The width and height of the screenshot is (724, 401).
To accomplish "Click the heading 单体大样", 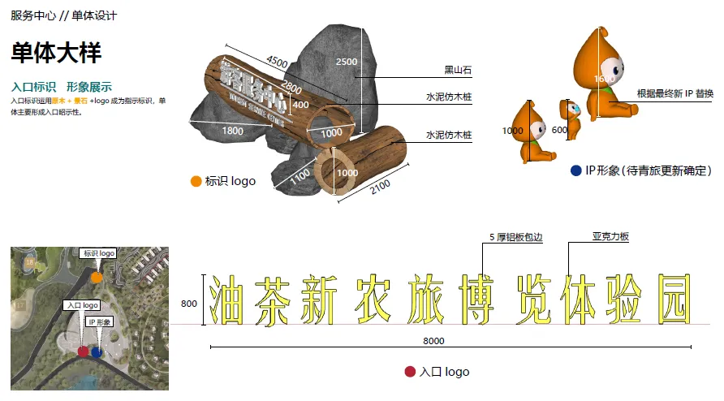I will click(56, 54).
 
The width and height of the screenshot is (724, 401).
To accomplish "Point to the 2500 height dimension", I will click(347, 62).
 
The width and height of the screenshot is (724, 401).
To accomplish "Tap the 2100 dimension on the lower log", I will click(380, 184).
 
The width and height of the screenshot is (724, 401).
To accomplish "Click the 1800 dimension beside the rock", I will click(233, 131).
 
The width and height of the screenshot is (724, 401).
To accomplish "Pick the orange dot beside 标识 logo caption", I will click(196, 181).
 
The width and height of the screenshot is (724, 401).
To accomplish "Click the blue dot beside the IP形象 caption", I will click(575, 170).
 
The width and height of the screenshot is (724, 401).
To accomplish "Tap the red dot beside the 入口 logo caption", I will click(410, 372).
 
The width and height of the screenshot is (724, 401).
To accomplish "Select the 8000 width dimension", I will click(433, 341).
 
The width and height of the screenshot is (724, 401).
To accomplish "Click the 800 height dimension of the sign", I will click(189, 304).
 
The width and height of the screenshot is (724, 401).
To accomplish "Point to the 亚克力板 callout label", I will click(610, 237).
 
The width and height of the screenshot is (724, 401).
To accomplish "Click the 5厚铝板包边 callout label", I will click(515, 237).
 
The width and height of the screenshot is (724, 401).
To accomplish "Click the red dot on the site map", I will click(83, 351).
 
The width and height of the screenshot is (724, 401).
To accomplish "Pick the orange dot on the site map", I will click(97, 278).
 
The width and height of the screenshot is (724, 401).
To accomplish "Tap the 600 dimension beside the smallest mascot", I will click(559, 130).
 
